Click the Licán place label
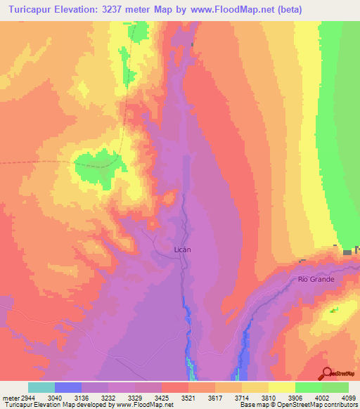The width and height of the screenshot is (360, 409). [182, 249]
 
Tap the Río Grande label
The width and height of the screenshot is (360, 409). [316, 279]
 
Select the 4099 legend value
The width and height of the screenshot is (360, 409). [339, 398]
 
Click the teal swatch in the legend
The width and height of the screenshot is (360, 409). [41, 387]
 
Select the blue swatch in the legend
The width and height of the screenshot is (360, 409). [68, 387]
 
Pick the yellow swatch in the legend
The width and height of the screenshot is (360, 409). [282, 387]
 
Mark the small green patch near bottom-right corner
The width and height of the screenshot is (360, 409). [333, 309]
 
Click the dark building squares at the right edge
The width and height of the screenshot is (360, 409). [348, 252]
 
